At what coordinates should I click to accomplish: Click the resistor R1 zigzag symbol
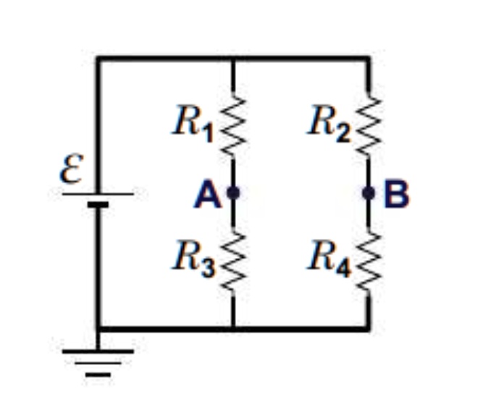(232, 124)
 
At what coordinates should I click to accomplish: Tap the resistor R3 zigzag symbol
(232, 260)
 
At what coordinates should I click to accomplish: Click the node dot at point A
(232, 193)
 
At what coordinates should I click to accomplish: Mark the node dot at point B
(368, 193)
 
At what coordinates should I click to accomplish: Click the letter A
(206, 195)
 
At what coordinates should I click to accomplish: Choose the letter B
(396, 194)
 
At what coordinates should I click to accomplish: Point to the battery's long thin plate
(98, 193)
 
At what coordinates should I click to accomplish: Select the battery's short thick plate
(98, 205)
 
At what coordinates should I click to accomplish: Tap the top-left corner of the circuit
(98, 58)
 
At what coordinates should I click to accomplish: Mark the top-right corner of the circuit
(368, 58)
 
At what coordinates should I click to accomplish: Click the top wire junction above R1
(232, 58)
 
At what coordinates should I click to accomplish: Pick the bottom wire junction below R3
(232, 328)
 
